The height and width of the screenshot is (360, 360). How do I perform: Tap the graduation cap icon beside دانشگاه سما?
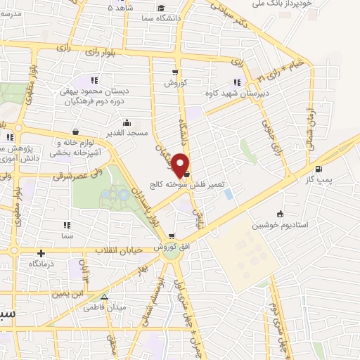point(161,8)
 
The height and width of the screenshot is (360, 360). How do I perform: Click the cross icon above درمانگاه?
point(41,253)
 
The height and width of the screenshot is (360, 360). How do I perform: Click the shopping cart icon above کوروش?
point(174,72)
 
